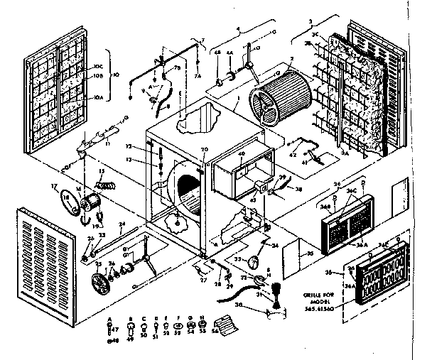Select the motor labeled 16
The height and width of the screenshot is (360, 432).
pyautogui.click(x=94, y=202)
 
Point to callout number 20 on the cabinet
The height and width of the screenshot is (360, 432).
pyautogui.click(x=204, y=149)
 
